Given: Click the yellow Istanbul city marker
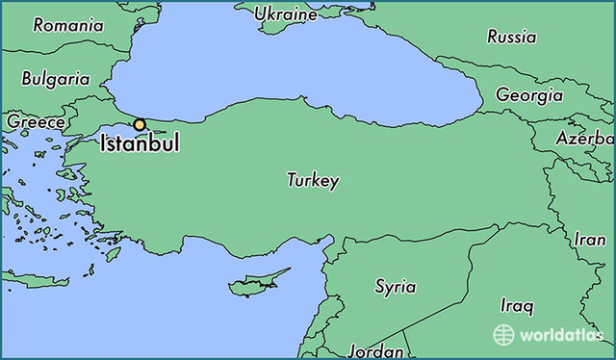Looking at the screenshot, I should pos(140,124).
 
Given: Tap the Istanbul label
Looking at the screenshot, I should pos(139,146).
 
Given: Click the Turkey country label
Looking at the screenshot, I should pos(313,180).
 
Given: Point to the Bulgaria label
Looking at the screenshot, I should pos(56,78).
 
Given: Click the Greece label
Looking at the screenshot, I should pos(36,122).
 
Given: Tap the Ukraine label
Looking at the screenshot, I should pos(288,14).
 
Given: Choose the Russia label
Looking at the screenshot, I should pos(511,38).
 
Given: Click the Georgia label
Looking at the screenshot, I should pos(529,95).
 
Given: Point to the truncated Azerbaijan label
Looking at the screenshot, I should pos(584,139).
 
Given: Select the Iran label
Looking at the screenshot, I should pos(590,239).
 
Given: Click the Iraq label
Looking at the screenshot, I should pos(516,306).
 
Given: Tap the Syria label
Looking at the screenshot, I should pos(395,286).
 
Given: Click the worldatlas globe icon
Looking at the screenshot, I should pos(503,334).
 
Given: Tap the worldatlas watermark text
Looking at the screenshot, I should pos(558,335).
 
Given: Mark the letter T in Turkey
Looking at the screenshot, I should pos(292,180).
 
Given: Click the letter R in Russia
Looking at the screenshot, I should pos(492,38).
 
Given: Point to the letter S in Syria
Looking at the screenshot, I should pos(379,286).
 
